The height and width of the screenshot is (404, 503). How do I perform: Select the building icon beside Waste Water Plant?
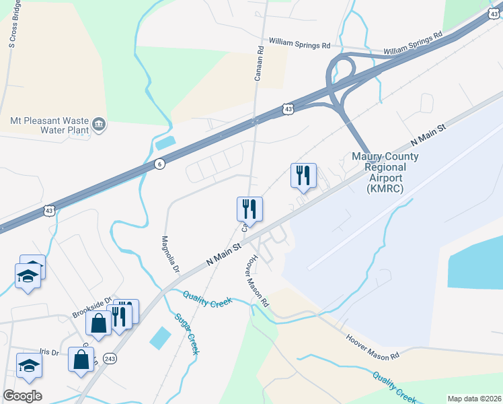tap(99, 124)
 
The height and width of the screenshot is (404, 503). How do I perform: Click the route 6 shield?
tap(159, 164)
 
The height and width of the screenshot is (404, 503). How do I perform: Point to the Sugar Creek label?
tap(188, 334)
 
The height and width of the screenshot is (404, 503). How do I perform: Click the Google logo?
tap(22, 396)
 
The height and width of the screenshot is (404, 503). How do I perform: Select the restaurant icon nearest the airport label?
tap(303, 176)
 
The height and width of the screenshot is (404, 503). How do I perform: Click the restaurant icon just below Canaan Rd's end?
tap(249, 209)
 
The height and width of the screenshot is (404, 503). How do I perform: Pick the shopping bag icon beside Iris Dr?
tap(81, 359)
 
